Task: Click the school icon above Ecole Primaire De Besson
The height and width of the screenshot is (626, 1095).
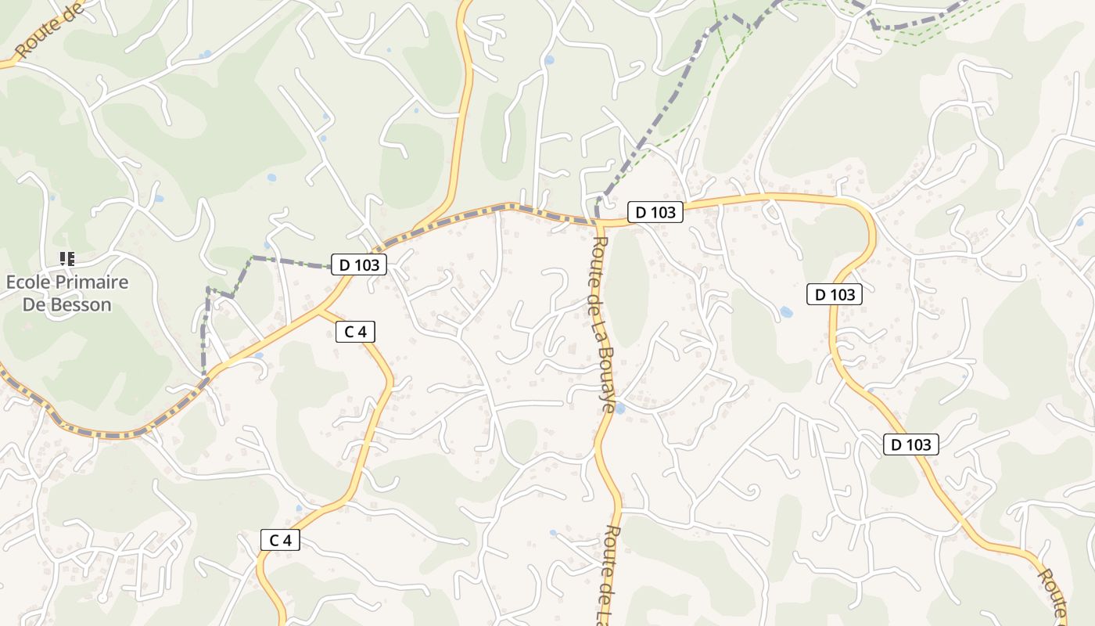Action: (67, 258)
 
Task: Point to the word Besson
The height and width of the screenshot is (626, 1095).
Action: (81, 304)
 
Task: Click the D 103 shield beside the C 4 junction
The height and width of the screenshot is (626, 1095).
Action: (360, 264)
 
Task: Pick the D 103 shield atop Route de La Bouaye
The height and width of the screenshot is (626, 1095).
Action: (655, 212)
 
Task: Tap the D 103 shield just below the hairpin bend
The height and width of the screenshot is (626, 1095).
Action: (835, 294)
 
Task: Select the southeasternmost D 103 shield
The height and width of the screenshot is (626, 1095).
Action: (911, 444)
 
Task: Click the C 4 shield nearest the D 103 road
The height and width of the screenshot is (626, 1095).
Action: (355, 332)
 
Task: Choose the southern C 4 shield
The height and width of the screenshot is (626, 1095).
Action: (280, 539)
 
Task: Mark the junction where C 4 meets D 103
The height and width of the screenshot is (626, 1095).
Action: (320, 311)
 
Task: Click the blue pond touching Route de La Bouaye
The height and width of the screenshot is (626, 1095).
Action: (619, 408)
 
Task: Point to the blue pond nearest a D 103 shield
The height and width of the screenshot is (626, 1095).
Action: (786, 311)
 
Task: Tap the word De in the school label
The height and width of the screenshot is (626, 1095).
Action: (34, 304)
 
